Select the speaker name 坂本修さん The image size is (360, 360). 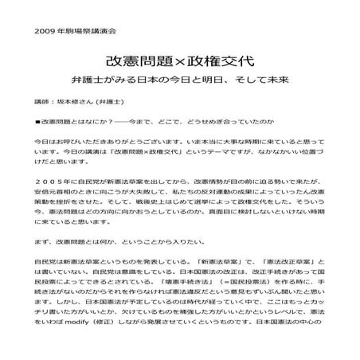point(75,103)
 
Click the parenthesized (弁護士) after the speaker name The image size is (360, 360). point(115,103)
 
